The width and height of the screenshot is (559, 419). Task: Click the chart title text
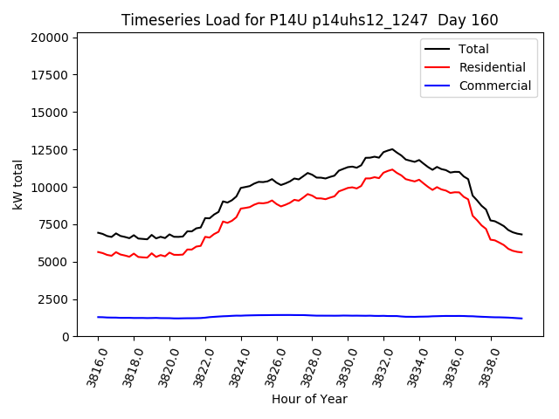[310, 19]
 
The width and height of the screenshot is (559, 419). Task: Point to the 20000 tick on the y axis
[50, 38]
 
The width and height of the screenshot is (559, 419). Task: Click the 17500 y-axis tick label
[50, 75]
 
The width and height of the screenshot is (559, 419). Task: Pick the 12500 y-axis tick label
[50, 150]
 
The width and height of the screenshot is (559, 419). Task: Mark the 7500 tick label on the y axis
[53, 224]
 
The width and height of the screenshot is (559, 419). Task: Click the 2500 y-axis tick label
[53, 299]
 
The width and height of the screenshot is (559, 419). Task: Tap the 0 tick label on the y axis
[66, 337]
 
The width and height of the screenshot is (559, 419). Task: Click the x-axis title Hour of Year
[309, 399]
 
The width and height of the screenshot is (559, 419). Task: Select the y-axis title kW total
[17, 185]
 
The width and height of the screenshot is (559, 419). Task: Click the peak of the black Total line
[392, 149]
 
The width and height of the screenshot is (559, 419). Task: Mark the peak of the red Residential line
[392, 169]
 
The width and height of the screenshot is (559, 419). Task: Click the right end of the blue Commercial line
[521, 319]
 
